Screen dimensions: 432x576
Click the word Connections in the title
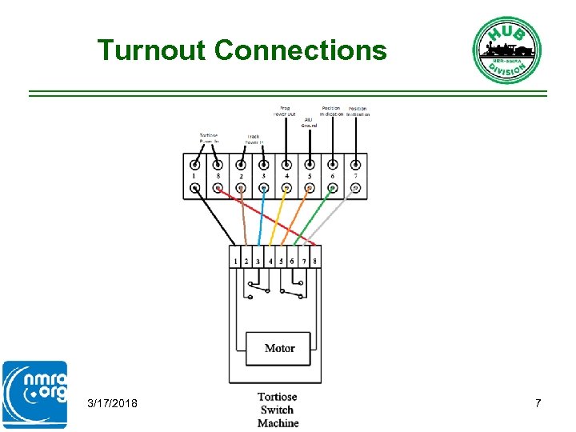(301, 50)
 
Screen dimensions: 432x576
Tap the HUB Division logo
(506, 50)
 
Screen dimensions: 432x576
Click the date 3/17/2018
(112, 404)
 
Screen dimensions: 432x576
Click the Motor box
(279, 348)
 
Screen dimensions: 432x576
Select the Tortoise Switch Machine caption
(278, 410)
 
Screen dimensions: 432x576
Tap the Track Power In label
(254, 139)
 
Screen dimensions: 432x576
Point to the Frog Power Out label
(285, 110)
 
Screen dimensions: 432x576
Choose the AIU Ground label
(309, 123)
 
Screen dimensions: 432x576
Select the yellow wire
(278, 216)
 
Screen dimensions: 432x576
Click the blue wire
(261, 216)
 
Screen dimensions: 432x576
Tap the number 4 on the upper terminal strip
(286, 174)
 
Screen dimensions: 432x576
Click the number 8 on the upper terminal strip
(218, 174)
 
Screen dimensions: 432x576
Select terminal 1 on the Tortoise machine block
(235, 261)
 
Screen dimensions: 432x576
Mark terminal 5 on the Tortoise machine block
(281, 261)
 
